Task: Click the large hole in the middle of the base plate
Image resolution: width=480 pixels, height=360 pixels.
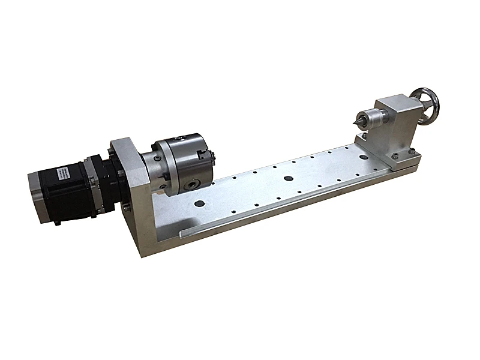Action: (289, 178)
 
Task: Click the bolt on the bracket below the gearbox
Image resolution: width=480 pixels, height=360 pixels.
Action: (127, 208)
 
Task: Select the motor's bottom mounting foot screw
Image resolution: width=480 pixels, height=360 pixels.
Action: (57, 223)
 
